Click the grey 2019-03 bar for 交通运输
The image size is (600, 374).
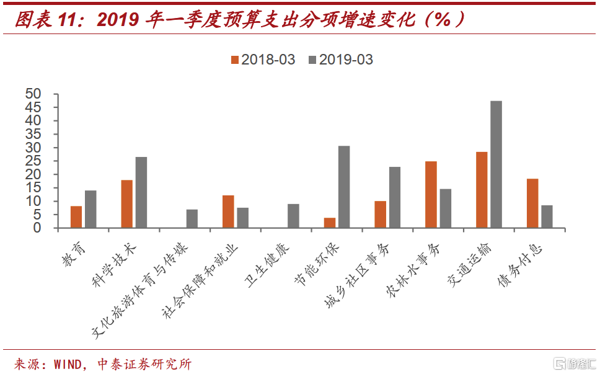click(496, 164)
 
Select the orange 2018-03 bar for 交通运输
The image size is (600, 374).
click(482, 190)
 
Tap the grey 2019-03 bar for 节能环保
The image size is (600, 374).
click(344, 187)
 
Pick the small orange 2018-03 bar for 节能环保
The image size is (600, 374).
click(330, 223)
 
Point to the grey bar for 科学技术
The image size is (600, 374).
click(141, 192)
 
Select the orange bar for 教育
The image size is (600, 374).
click(76, 216)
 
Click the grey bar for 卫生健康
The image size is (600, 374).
click(293, 216)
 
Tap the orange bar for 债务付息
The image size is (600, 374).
click(532, 203)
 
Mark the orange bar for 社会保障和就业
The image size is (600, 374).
click(228, 211)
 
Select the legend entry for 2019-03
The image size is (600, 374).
click(340, 60)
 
